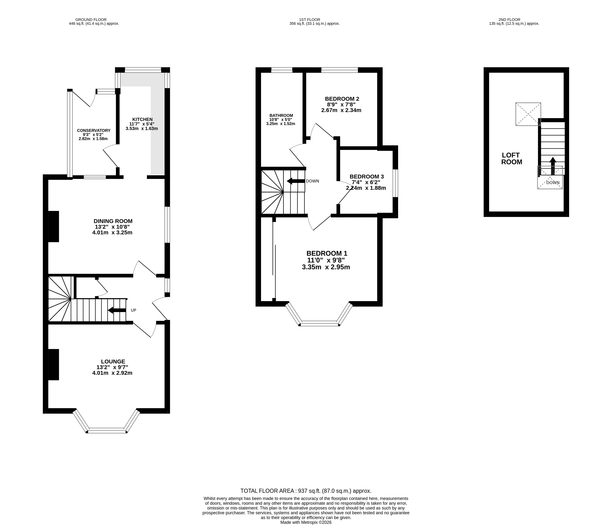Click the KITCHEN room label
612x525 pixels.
(142, 119)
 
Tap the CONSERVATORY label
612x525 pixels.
(94, 131)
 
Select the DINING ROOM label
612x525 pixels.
(113, 221)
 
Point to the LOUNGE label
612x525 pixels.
(113, 361)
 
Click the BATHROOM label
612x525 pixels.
(281, 116)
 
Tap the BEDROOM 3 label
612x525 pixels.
(367, 177)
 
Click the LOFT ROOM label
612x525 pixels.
(512, 159)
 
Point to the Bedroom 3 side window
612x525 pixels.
(395, 183)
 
